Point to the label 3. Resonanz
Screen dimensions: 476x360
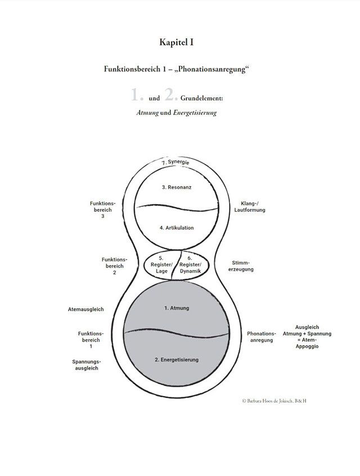click(x=177, y=187)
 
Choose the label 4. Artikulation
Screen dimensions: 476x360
click(x=177, y=228)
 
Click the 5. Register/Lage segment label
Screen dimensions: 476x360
click(x=162, y=265)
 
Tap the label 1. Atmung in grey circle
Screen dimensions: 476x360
click(x=176, y=309)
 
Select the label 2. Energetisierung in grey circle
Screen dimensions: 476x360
click(x=176, y=359)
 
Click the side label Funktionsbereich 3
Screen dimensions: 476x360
click(x=103, y=210)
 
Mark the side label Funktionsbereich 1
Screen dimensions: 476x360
click(x=91, y=340)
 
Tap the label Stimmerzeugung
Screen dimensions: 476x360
click(x=243, y=266)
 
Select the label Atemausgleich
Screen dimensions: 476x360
click(x=85, y=309)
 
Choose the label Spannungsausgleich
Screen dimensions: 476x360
click(x=85, y=365)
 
